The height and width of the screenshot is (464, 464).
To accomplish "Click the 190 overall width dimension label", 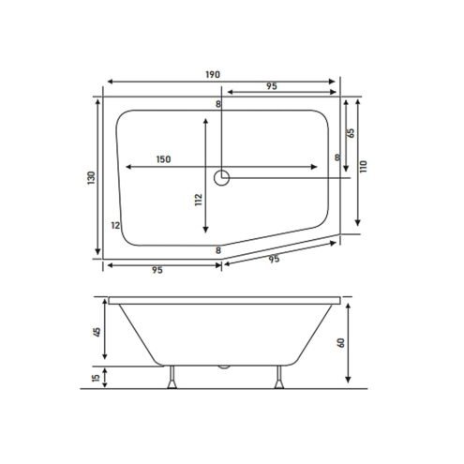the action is [213, 75].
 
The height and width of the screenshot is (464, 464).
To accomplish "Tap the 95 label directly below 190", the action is [272, 86].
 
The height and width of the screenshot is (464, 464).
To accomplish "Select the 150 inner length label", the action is [163, 159].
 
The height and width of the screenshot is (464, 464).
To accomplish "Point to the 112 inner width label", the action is [199, 200].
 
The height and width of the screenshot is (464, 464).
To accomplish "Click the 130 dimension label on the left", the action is [91, 177].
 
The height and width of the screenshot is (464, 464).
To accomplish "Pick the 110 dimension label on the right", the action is [363, 167].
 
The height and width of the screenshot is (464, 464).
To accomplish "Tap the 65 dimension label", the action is [351, 133].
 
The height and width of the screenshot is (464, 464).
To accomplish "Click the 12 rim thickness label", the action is [115, 225].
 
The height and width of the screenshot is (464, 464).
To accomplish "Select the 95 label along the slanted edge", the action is [274, 259].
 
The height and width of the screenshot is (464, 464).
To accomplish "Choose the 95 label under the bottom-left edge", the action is [157, 270].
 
